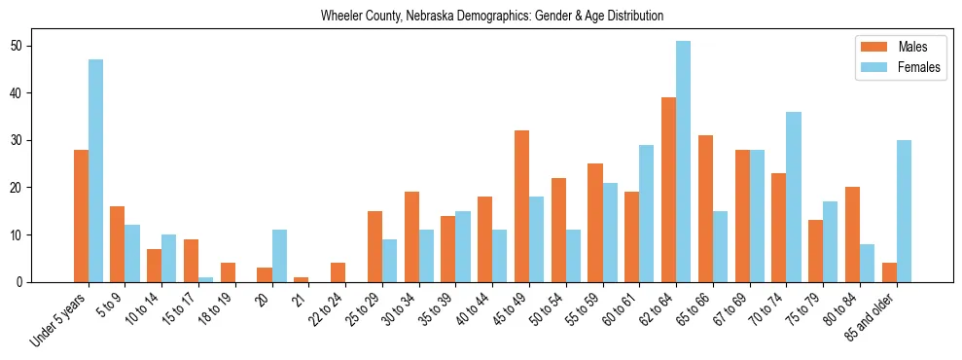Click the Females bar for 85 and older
tap(904, 211)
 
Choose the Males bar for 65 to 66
tap(706, 209)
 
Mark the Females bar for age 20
tap(279, 256)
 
